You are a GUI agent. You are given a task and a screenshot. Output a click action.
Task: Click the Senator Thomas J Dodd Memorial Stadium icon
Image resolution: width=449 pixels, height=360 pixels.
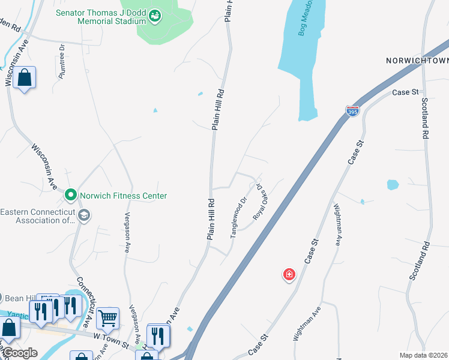(x=155, y=16)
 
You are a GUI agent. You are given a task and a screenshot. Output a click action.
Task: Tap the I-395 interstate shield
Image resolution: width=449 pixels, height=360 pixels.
(x=352, y=111)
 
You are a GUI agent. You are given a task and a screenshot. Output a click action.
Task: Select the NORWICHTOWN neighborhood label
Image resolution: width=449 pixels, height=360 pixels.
(x=417, y=61)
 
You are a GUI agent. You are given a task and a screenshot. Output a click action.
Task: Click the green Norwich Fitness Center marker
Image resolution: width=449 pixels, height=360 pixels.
(x=70, y=196)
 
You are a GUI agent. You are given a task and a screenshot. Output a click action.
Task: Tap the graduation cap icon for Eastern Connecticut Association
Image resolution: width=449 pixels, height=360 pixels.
(x=84, y=215)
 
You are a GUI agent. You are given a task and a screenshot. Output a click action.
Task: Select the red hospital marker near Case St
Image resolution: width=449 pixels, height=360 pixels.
(x=289, y=275)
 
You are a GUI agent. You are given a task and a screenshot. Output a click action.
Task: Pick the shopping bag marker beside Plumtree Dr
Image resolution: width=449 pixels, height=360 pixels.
(x=25, y=78)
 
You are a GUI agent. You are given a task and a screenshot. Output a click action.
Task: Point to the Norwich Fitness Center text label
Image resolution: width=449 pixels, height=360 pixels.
(x=124, y=196)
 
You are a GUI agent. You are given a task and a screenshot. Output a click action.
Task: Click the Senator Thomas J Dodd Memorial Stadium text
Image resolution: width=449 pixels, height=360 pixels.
(x=101, y=17)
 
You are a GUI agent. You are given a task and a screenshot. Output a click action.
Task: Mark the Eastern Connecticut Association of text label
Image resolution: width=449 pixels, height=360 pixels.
(x=37, y=215)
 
